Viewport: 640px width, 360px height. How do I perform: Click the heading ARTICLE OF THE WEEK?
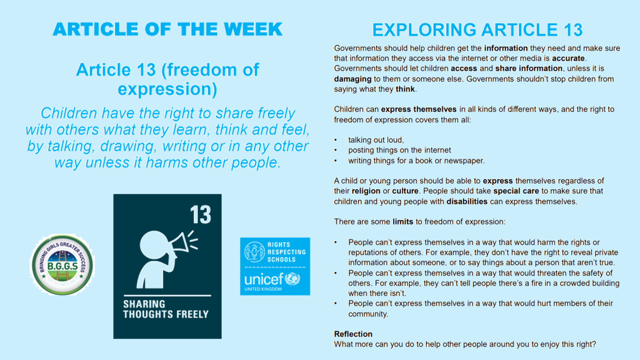pos(168,29)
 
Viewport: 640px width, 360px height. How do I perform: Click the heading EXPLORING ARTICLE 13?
pos(477,30)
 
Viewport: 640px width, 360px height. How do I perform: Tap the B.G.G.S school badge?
pos(62,265)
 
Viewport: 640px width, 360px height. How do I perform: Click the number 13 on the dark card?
pos(201,215)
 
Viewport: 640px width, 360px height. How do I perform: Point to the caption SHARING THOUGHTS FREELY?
pos(166,309)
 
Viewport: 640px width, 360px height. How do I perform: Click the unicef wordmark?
pos(263,279)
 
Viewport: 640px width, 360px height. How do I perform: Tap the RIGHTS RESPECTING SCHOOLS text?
pos(287,252)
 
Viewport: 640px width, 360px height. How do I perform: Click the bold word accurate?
pos(568,58)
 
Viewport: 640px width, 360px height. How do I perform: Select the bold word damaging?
pos(353,79)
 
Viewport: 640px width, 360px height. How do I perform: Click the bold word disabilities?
pos(467,201)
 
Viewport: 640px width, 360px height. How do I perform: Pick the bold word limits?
pos(403,222)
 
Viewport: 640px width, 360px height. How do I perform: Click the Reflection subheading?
pos(353,334)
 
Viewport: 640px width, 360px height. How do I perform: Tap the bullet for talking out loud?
pos(336,140)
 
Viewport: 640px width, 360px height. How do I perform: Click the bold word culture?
pos(405,191)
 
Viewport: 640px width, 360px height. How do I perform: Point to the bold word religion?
pos(366,191)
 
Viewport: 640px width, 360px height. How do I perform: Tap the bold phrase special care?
pos(516,191)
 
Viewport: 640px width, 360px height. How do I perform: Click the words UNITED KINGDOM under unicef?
pos(263,289)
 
